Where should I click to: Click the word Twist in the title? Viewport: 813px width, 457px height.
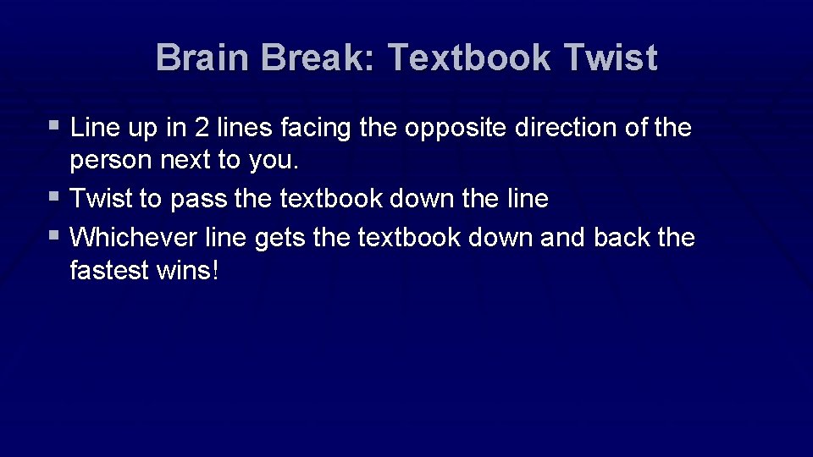click(610, 58)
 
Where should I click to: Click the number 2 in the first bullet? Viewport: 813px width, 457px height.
click(202, 129)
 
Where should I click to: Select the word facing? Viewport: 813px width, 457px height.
click(315, 129)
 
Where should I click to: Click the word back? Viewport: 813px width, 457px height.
click(622, 238)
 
